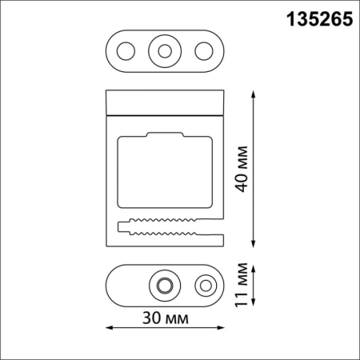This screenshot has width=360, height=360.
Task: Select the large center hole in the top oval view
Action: click(164, 51)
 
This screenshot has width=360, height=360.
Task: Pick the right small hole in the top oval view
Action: click(204, 51)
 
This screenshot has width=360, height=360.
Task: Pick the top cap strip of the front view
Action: click(164, 102)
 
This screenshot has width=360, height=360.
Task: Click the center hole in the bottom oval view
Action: click(166, 285)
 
